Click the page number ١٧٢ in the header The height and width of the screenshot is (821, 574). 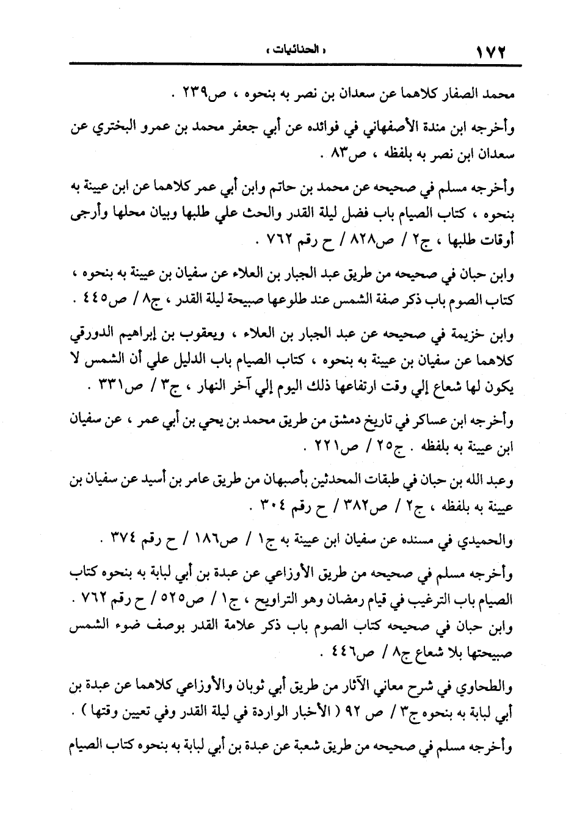tap(490, 51)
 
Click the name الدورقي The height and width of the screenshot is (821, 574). tap(88, 335)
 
